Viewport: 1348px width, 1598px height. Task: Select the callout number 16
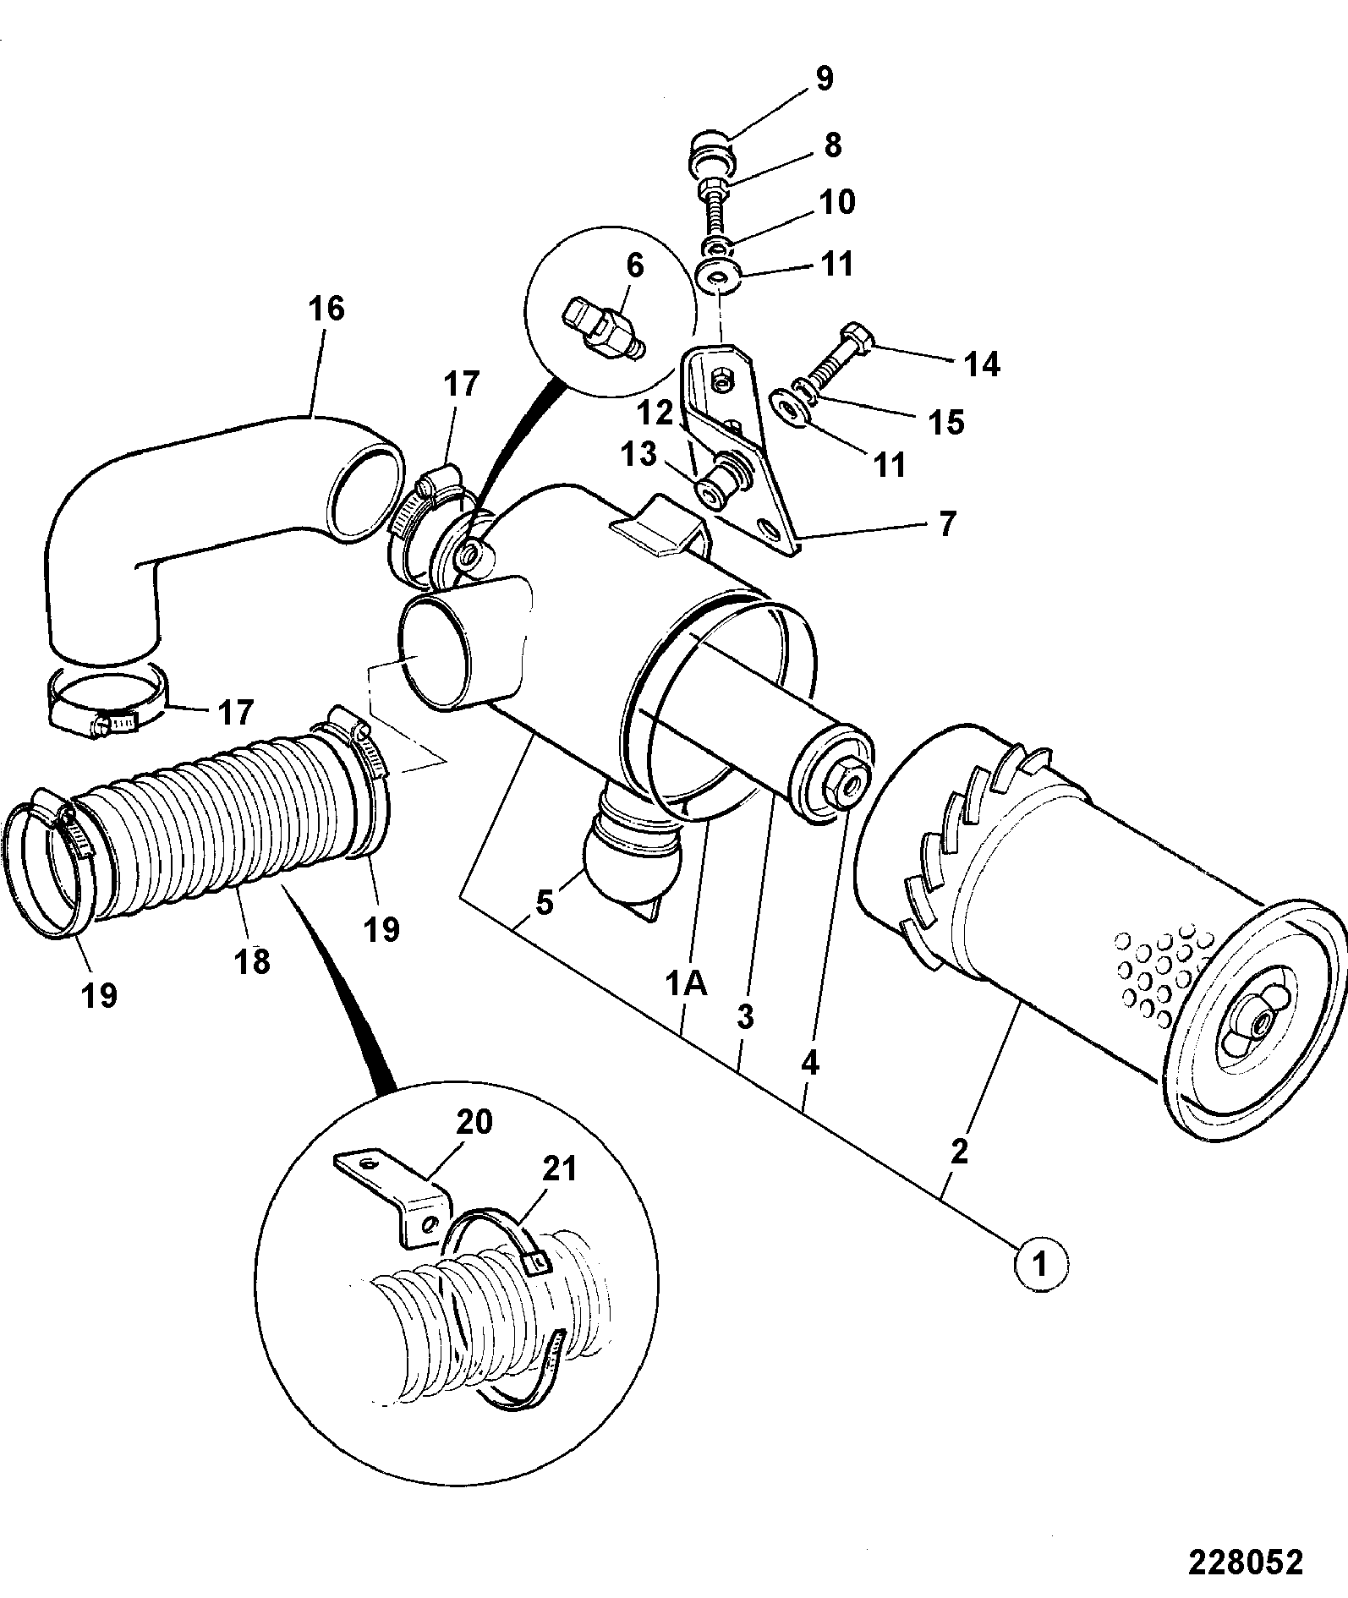pos(326,309)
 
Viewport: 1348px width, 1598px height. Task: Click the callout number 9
pos(824,78)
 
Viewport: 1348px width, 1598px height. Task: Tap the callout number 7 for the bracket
pos(946,523)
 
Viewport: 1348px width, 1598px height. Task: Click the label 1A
pos(686,984)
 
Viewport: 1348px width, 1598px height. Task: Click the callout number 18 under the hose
pos(252,960)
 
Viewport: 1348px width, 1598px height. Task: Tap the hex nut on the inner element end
pos(839,785)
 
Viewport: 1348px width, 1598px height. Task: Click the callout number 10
pos(836,202)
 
